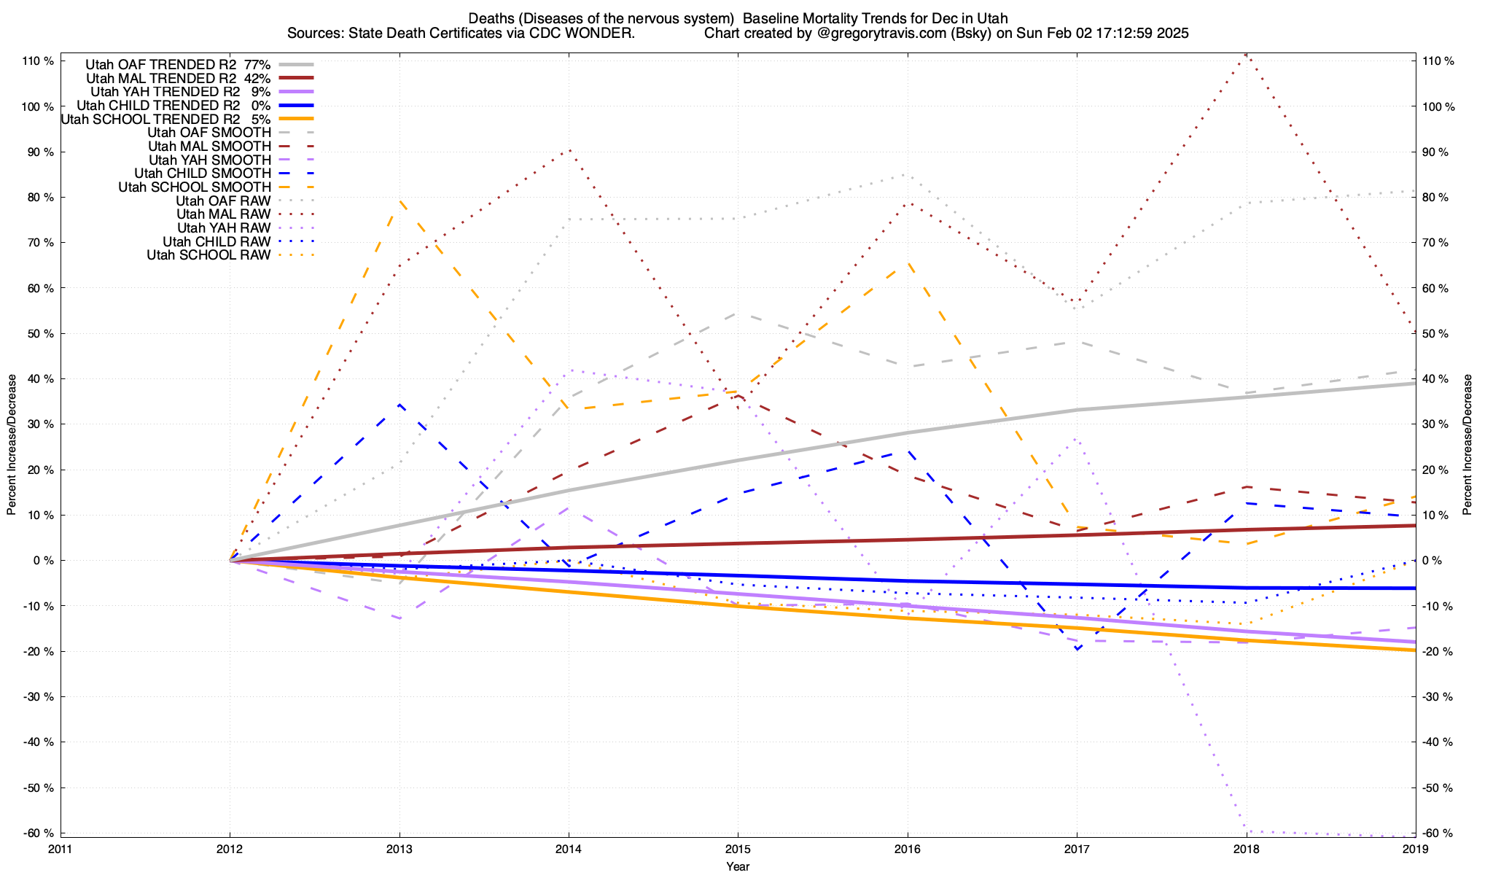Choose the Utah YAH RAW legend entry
[224, 228]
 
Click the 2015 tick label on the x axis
[738, 849]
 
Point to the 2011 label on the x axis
[61, 849]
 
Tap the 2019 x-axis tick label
[1415, 849]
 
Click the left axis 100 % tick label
[39, 106]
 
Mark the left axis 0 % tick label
[43, 560]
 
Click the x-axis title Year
[738, 866]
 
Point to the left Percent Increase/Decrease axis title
[12, 445]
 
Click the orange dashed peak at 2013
[399, 201]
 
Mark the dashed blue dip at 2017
[1077, 649]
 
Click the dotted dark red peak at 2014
[569, 149]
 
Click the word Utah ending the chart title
[994, 18]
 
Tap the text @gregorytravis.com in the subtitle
[860, 34]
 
